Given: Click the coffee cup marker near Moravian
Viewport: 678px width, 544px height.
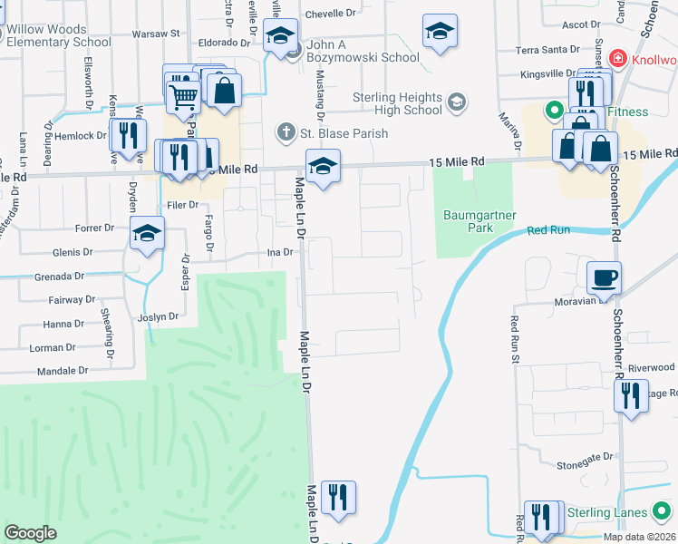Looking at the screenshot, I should pos(604,277).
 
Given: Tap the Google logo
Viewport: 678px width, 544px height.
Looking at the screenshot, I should pos(31,533).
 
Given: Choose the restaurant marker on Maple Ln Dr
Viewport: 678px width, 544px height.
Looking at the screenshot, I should pos(338,497).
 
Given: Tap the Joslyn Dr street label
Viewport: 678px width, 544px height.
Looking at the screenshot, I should pos(159,317).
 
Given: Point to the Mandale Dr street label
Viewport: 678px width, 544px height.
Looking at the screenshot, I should pos(63,371).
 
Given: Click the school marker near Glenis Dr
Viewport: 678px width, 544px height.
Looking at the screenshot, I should pos(147,234).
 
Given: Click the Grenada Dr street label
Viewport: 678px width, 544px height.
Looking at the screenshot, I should pos(60,276).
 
